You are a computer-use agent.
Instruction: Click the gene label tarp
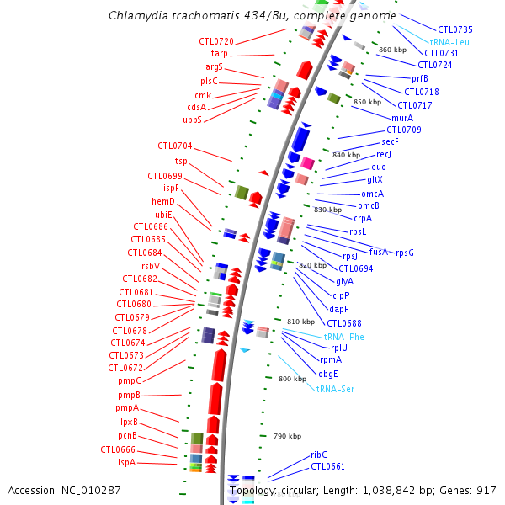tap(219, 54)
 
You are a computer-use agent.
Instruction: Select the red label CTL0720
tap(216, 41)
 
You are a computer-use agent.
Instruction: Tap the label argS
tap(215, 66)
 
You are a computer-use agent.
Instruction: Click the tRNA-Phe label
tap(344, 336)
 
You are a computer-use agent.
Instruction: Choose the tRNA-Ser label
tap(334, 388)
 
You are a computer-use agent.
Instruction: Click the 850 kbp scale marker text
tap(367, 102)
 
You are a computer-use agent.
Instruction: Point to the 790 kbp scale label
tap(287, 436)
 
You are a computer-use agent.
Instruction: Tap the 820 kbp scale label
tap(311, 265)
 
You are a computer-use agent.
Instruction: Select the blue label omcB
tap(369, 205)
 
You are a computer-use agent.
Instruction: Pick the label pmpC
tap(129, 380)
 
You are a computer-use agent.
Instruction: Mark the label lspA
tap(126, 462)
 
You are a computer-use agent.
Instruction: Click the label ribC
tap(319, 454)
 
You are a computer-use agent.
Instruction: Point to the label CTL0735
tap(455, 29)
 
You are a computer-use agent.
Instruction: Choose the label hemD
tap(163, 201)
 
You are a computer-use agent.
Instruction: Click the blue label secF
tap(390, 142)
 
